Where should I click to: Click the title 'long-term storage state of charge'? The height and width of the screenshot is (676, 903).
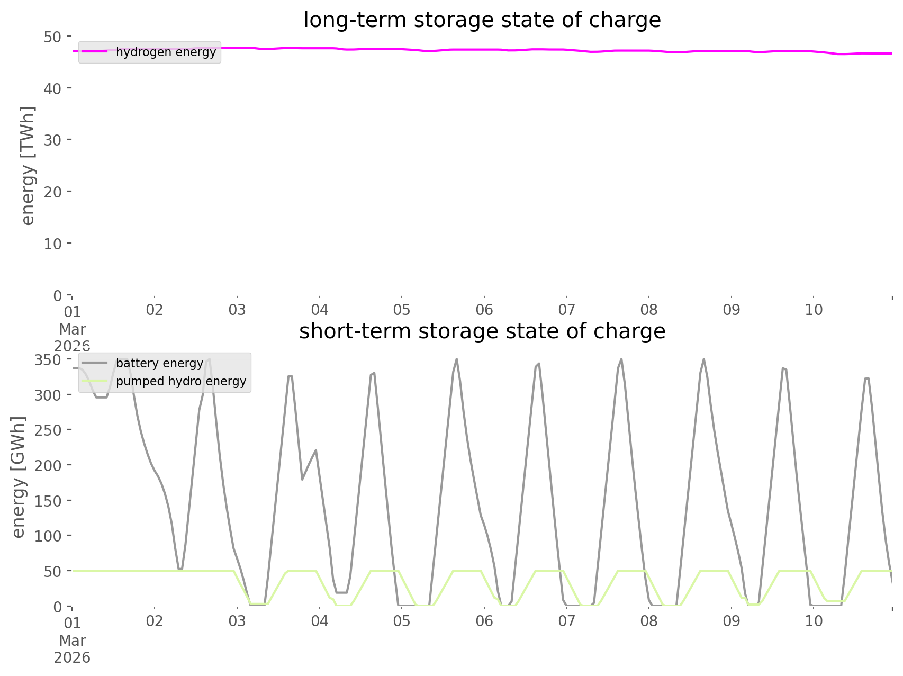tap(482, 20)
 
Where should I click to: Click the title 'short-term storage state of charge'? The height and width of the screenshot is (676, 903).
tap(482, 331)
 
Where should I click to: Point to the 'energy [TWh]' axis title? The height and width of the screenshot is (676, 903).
tap(28, 165)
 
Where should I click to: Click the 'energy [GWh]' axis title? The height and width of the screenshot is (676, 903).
tap(19, 477)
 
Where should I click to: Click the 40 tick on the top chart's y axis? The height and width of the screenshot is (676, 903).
tap(52, 88)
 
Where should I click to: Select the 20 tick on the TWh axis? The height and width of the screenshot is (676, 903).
tap(52, 192)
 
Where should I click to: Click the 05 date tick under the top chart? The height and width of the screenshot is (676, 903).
tap(402, 310)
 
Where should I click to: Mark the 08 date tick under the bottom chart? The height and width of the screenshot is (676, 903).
tap(649, 621)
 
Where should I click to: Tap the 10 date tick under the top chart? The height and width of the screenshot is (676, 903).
tap(814, 310)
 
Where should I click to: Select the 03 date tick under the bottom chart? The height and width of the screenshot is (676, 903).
tap(237, 621)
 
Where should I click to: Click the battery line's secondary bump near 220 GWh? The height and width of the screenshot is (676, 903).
tap(316, 450)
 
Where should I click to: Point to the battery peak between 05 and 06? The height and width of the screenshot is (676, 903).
tap(456, 359)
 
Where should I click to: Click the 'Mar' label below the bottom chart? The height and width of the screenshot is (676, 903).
tap(73, 641)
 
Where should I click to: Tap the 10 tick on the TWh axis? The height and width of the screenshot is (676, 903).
tap(52, 244)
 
